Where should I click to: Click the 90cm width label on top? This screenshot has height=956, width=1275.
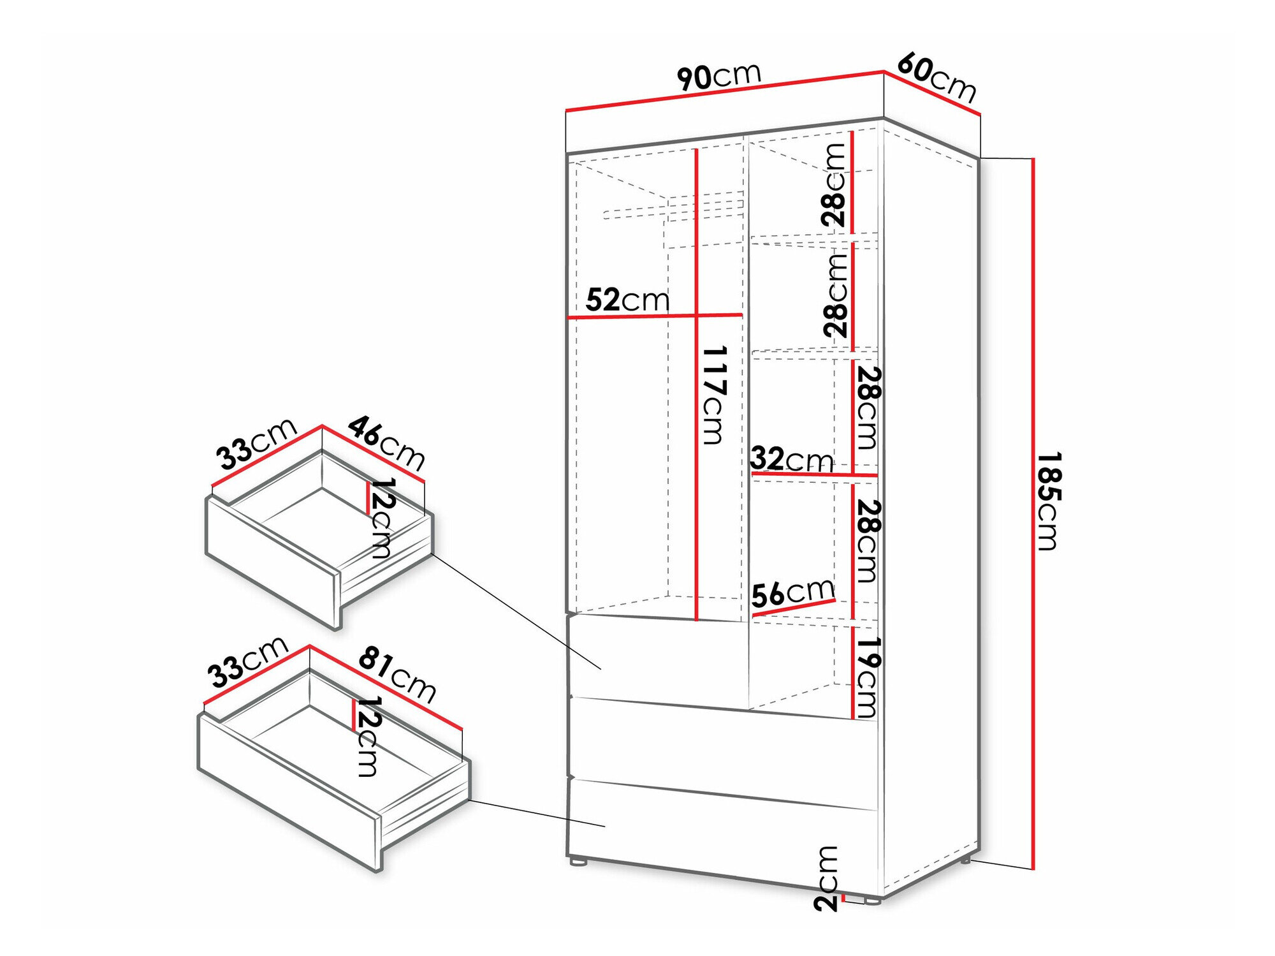point(719,77)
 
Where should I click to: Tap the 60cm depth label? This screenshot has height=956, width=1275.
point(936,78)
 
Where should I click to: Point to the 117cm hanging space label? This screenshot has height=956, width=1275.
point(715,395)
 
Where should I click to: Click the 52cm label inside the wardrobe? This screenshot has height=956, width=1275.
point(627,300)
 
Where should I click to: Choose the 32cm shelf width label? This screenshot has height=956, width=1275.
point(792,459)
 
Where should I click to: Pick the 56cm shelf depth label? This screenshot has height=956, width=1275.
point(793,593)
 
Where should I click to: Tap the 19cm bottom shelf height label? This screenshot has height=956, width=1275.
point(867,677)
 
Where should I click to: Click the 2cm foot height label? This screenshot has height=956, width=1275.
point(826,878)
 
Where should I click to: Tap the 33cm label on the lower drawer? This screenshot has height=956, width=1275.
point(248,662)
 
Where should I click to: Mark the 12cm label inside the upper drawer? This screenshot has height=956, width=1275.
point(381,518)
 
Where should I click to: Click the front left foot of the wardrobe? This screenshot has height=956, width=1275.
point(578,861)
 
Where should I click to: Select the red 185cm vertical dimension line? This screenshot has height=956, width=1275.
point(1033,513)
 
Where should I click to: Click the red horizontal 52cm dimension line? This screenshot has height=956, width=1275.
point(655,316)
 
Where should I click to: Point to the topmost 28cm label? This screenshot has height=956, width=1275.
point(833,185)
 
